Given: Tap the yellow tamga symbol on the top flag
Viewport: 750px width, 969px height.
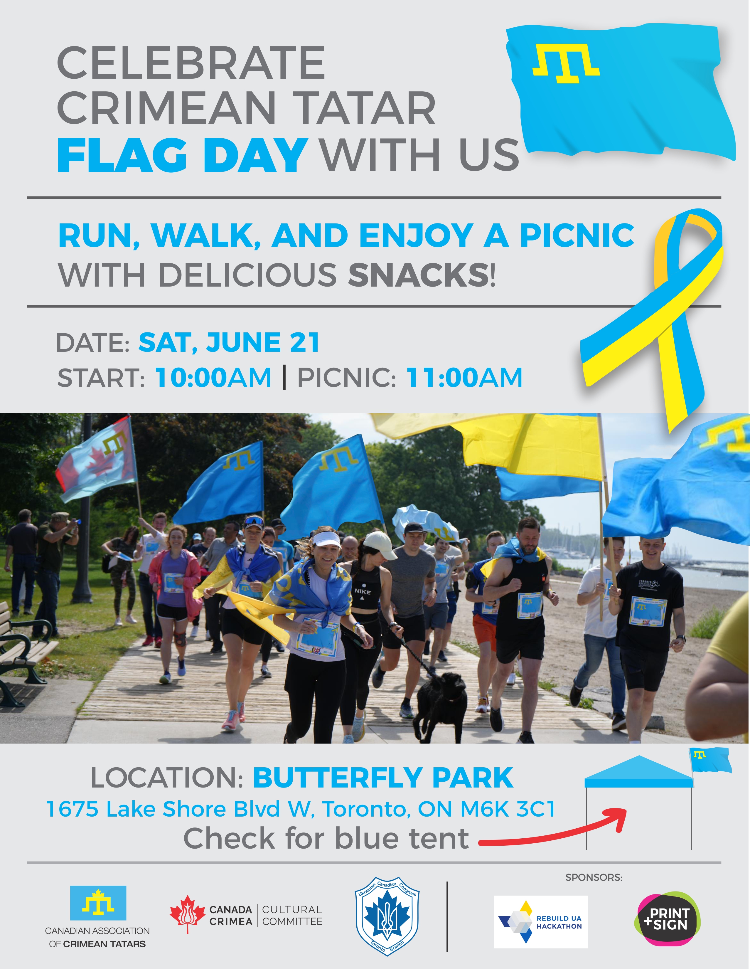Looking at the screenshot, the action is pyautogui.click(x=566, y=63).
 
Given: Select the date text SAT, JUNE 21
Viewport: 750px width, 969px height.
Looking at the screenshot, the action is pyautogui.click(x=229, y=342).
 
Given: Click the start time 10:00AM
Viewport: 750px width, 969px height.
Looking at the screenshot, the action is pyautogui.click(x=213, y=378).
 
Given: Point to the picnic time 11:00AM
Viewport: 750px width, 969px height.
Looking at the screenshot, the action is pyautogui.click(x=464, y=378).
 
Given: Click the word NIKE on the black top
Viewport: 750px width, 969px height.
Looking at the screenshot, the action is pyautogui.click(x=362, y=591).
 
